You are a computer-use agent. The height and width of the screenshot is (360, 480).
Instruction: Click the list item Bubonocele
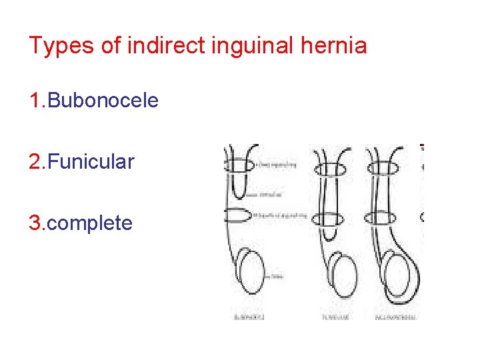pos(103,101)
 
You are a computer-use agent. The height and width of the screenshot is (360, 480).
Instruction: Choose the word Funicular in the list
pos(91,161)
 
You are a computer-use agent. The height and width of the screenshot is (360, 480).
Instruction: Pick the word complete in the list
pos(90,223)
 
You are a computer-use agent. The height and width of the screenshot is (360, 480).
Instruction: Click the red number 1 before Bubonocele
pos(35,101)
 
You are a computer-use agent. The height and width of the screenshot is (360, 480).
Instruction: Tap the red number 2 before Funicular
pos(35,161)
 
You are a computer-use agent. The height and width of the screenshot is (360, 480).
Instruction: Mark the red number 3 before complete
pos(35,223)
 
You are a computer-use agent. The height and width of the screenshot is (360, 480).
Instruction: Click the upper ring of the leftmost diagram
pos(239,165)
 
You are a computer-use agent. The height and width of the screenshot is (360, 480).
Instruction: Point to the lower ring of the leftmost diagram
pos(238,216)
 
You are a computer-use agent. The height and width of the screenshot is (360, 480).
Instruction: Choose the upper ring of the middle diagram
pos(329,169)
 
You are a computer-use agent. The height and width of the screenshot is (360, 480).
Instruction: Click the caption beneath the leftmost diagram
pos(249,318)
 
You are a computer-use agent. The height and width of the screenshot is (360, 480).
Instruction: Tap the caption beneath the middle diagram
pos(335,318)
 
